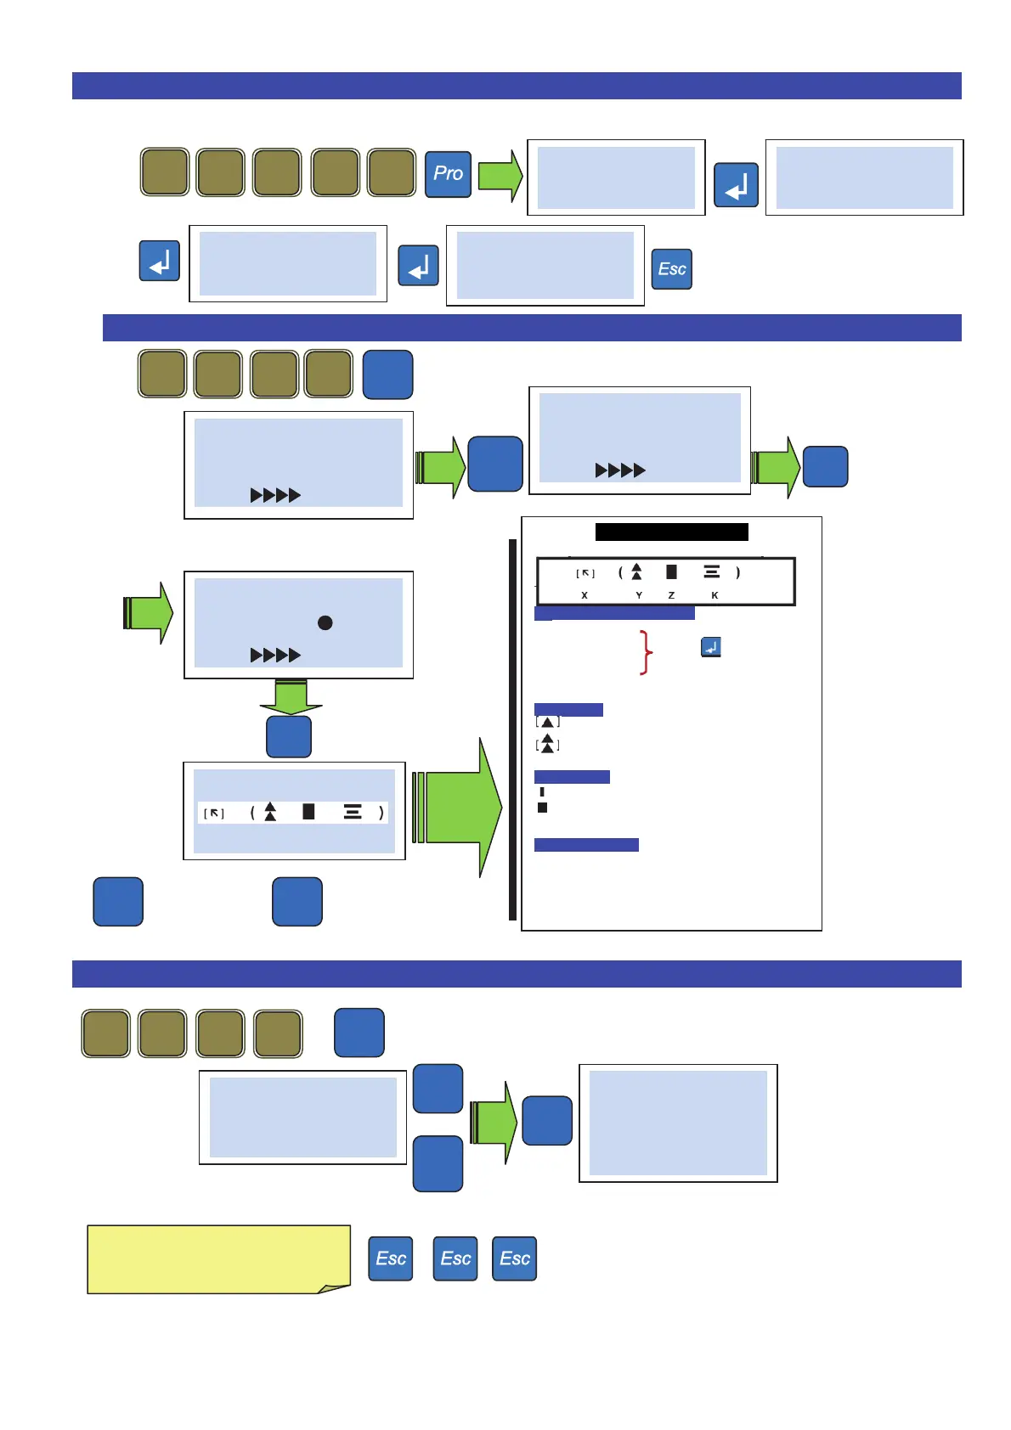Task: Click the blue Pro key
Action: coord(448,173)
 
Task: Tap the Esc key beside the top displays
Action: coord(671,269)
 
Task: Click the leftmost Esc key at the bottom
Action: coord(390,1258)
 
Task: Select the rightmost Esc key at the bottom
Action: coord(514,1258)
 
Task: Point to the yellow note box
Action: coord(218,1259)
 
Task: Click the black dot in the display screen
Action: coord(325,622)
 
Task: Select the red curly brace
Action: coord(647,652)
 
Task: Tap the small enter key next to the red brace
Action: coord(710,647)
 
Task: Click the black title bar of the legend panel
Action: coord(671,532)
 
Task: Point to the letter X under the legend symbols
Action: coord(585,595)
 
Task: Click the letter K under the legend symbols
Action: coord(714,595)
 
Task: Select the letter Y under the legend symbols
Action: coord(639,595)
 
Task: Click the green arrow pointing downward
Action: coord(291,697)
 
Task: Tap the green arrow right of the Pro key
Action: coord(500,176)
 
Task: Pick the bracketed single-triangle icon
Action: coord(548,723)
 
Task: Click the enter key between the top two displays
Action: coord(736,185)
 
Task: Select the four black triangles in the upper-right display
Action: coord(620,470)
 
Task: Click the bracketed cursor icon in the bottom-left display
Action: coord(214,814)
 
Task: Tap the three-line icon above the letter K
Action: coord(712,572)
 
